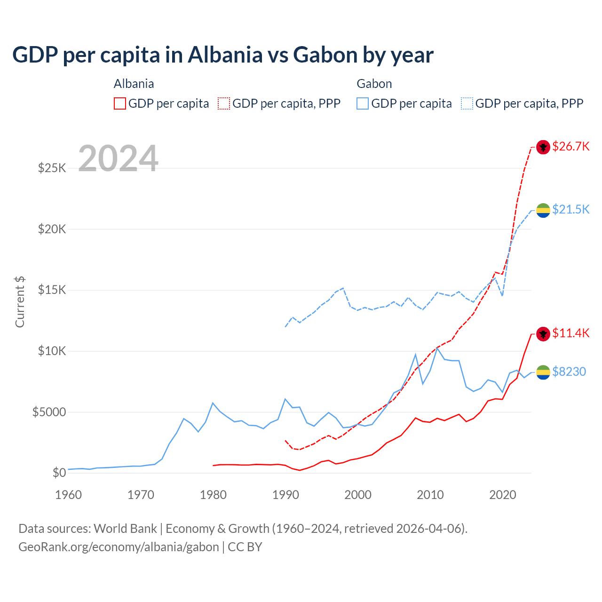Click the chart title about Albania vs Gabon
pos(222,55)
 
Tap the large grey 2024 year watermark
pos(118,158)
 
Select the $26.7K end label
pos(570,146)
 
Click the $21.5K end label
pos(570,209)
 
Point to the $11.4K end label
pos(570,333)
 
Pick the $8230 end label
pos(569,372)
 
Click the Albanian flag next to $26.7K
pos(543,147)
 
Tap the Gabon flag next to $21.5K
pos(543,210)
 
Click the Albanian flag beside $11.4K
pos(543,334)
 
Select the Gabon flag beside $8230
pos(543,372)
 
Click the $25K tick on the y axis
pos(52,168)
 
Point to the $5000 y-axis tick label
pos(49,412)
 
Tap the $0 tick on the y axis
pos(59,473)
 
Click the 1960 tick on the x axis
pos(69,495)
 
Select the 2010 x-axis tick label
pos(430,495)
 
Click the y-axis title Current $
pos(20,302)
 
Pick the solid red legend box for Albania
pos(120,103)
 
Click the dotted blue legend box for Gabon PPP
pos(467,103)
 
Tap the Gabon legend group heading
pos(374,84)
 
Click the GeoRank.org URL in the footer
pos(119,547)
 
